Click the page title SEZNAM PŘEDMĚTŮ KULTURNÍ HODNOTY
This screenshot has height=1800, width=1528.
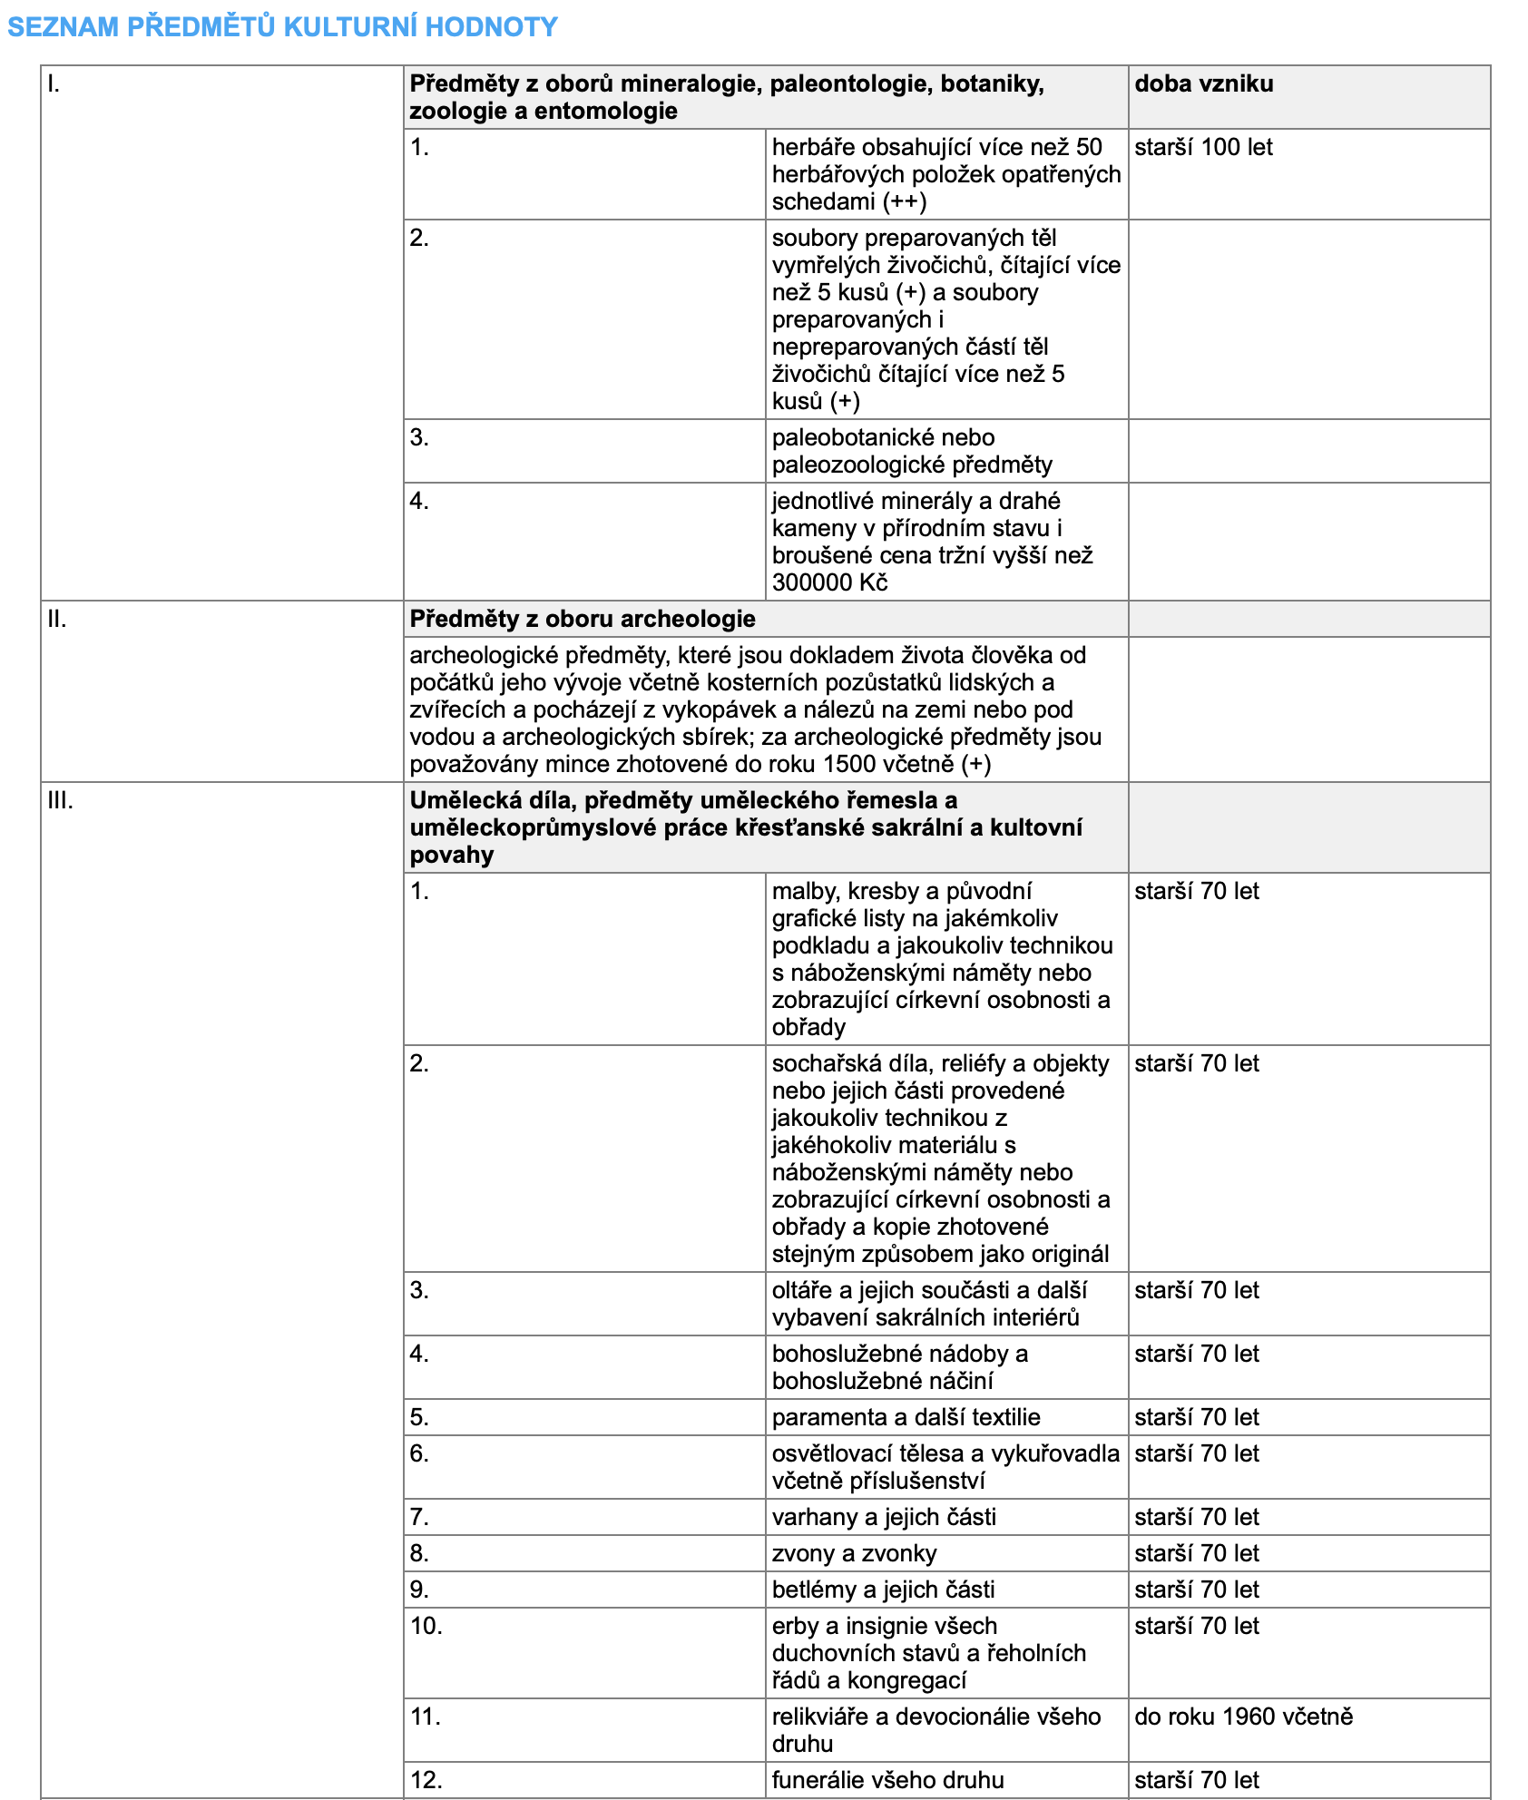click(282, 27)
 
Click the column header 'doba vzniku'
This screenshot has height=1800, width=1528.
click(1203, 84)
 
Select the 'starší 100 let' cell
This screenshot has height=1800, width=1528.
click(1203, 148)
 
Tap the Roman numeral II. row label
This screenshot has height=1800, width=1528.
click(56, 620)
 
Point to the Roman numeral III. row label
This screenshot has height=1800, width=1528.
click(60, 801)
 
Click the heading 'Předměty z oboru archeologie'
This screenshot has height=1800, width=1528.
click(582, 620)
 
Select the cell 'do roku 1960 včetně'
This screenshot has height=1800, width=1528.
click(1243, 1717)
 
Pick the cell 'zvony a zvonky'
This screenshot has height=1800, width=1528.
click(853, 1553)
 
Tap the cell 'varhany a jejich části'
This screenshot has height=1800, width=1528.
click(884, 1517)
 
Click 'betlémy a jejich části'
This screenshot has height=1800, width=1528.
click(883, 1590)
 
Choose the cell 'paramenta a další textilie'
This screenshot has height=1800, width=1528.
click(906, 1417)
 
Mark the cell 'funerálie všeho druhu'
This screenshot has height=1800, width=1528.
click(887, 1780)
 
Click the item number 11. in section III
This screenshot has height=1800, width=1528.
click(425, 1717)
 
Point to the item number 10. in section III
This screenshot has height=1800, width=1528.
click(426, 1626)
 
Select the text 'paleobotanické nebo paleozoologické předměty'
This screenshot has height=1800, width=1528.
click(912, 451)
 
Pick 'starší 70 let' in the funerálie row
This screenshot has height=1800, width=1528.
click(1196, 1780)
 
